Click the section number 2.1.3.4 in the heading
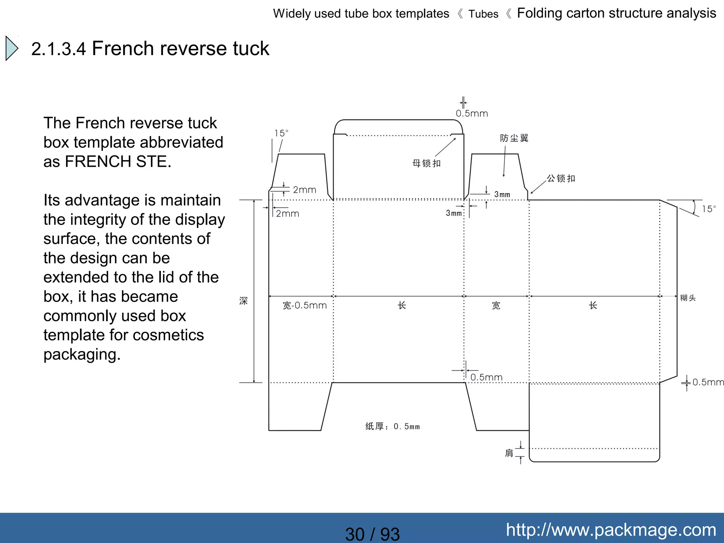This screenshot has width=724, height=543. point(58,49)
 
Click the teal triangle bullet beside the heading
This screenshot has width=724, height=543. point(12,48)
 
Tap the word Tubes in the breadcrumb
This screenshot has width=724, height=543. point(483,14)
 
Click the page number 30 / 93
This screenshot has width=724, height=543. point(372,534)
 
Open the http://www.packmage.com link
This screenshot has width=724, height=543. point(611,530)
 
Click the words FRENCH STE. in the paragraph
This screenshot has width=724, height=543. point(118,162)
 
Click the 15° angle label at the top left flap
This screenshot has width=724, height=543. point(281,133)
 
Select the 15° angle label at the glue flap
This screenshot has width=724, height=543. point(709,209)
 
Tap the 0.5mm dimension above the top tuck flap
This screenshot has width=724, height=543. point(472,113)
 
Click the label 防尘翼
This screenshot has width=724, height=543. point(514,138)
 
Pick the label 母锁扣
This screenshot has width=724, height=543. point(426,163)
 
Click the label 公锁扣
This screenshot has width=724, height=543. point(561,179)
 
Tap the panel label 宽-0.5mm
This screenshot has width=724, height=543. point(304,305)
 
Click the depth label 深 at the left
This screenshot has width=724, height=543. point(243,301)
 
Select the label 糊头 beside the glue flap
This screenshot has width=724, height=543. point(688,298)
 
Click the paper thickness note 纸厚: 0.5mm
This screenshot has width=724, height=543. point(392,426)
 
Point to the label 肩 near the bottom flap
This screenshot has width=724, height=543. point(509,453)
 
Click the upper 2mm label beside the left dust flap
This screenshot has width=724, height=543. point(304,190)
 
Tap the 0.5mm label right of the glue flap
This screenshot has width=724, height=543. point(708,382)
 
